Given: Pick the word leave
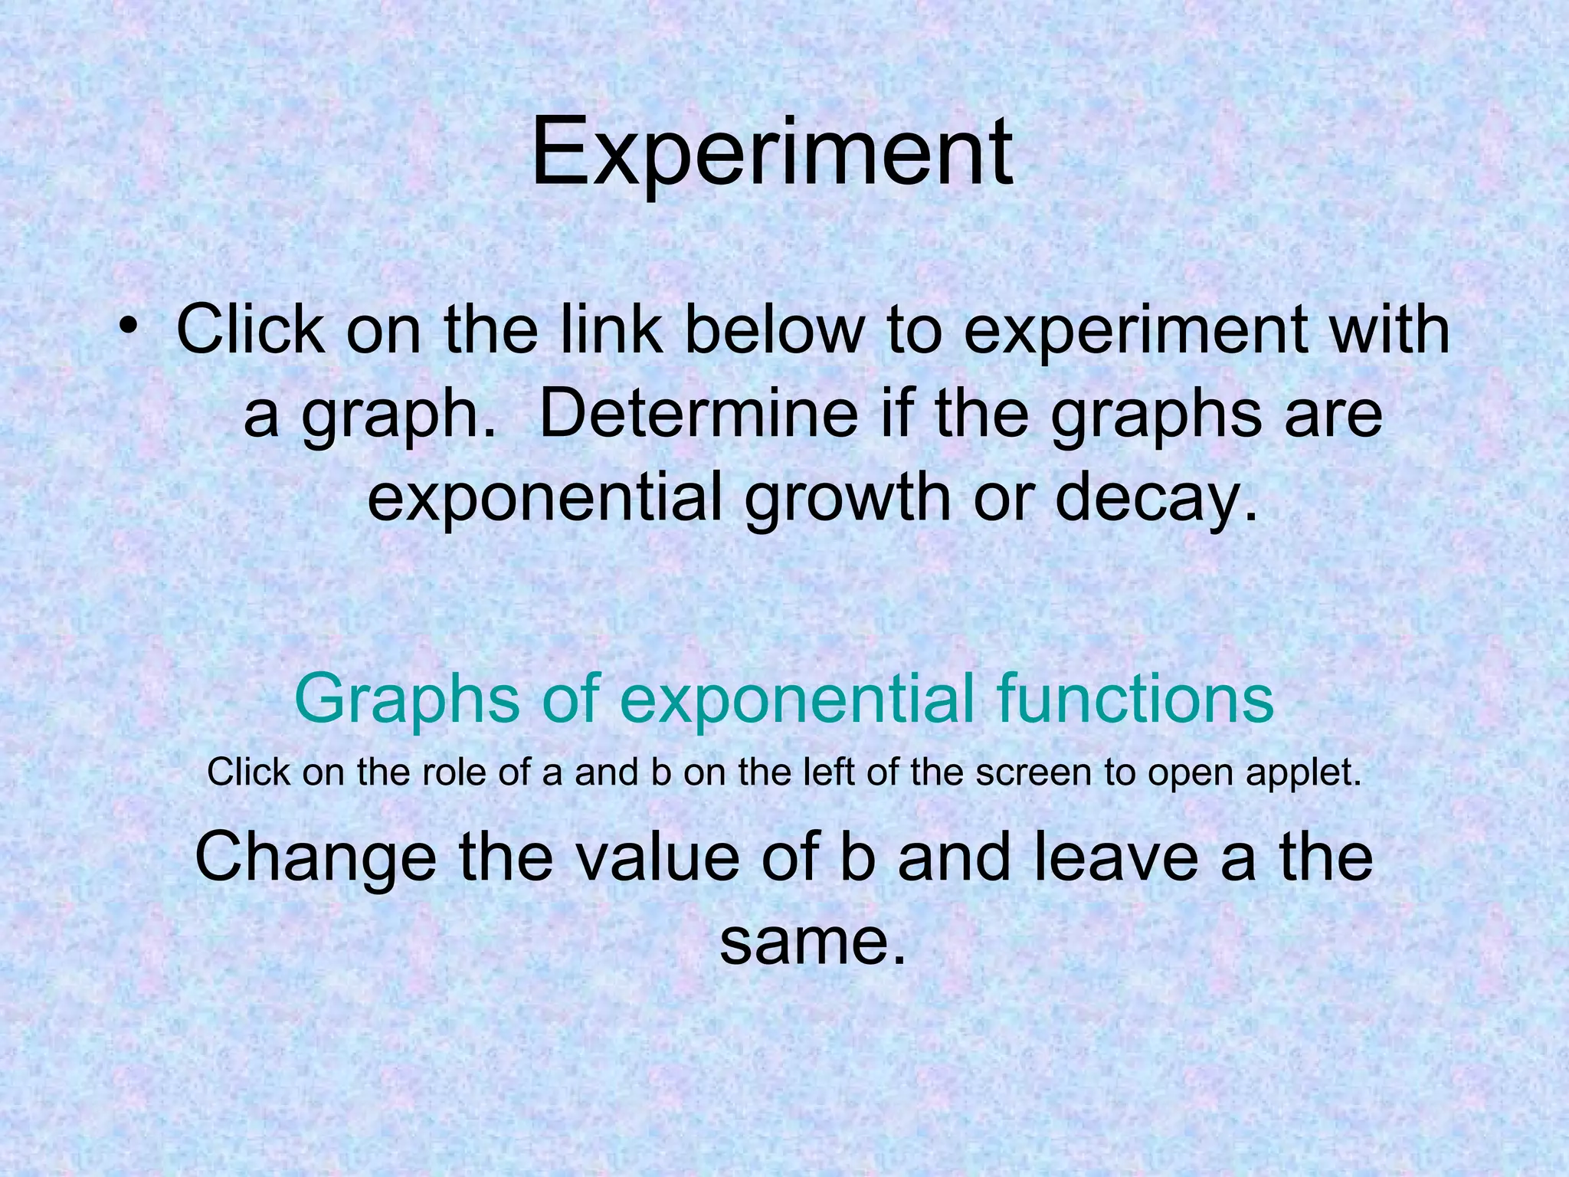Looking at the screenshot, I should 1115,857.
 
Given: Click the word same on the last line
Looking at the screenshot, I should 812,942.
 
